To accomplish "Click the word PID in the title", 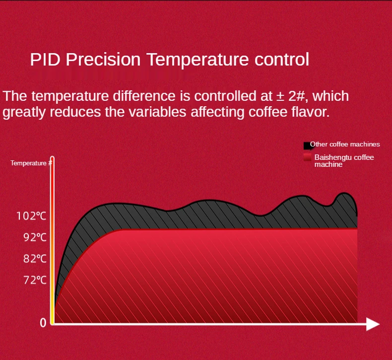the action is (x=45, y=60).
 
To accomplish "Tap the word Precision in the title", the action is (x=103, y=60).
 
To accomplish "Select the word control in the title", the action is (x=282, y=60).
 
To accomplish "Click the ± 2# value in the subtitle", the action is (x=290, y=96).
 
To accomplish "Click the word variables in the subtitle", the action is (x=157, y=112).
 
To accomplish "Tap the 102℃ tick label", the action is (x=31, y=216).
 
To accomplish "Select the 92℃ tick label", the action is (x=35, y=237).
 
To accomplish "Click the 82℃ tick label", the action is (x=35, y=259).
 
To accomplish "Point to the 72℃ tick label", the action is (x=35, y=280).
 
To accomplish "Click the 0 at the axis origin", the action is (x=43, y=323).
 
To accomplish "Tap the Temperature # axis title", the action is (x=31, y=163).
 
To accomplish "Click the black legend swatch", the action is (x=307, y=145).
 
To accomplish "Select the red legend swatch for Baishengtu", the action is (x=307, y=157).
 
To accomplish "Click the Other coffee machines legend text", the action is (x=345, y=144).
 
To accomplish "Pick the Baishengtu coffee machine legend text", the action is (x=344, y=160).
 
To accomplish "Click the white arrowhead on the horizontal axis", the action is (x=373, y=324).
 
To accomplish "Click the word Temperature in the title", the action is (x=197, y=60).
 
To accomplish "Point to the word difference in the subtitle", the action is (x=144, y=96).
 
